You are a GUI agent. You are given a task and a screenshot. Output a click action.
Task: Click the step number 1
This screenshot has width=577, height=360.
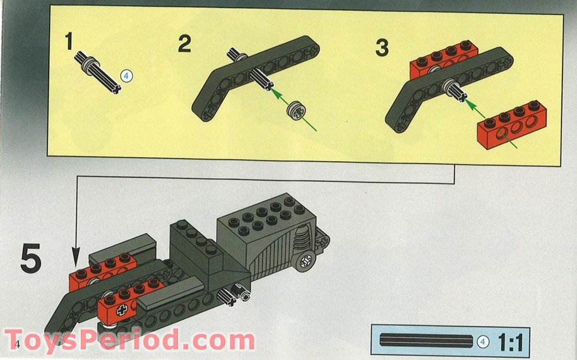tap(70, 42)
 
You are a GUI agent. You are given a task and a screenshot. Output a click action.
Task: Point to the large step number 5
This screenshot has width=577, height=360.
tap(31, 260)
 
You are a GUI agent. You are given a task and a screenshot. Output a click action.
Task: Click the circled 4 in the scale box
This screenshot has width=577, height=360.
tap(484, 342)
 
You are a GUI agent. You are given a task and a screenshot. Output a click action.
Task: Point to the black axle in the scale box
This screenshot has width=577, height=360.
tap(425, 342)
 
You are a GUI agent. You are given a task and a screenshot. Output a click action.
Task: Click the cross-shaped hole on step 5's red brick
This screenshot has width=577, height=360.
tap(122, 309)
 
